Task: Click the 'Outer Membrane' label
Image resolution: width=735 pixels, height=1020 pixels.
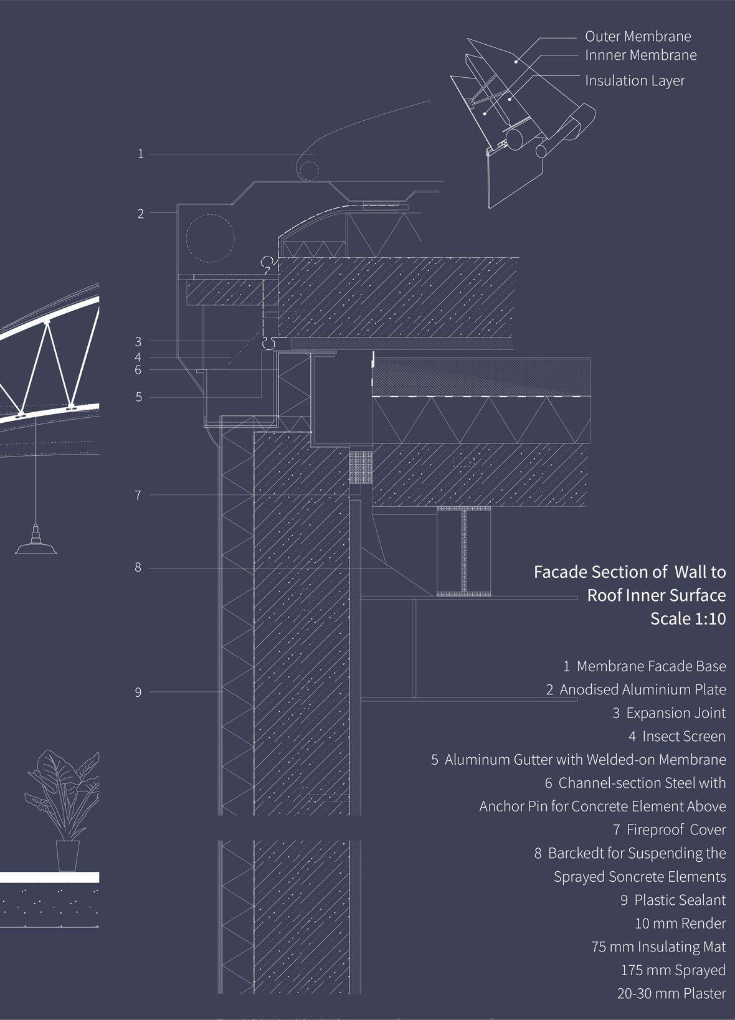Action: click(638, 37)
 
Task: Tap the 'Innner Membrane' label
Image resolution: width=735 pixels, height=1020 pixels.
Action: click(640, 55)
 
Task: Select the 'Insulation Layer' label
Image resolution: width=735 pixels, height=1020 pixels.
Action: click(635, 81)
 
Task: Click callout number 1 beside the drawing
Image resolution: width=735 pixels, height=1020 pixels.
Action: click(141, 154)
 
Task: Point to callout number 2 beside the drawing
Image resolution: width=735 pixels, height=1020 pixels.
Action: click(141, 214)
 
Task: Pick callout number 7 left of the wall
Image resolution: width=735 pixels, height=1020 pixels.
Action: click(138, 496)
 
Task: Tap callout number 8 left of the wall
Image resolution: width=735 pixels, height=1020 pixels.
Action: click(138, 568)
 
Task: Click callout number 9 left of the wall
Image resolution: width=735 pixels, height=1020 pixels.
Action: click(138, 692)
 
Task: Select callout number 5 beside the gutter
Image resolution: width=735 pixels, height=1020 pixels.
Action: click(139, 397)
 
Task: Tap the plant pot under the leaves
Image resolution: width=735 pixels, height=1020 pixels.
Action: click(68, 855)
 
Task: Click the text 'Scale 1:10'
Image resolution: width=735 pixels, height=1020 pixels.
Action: click(688, 619)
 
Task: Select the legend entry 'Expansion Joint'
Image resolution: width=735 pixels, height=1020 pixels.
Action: click(676, 713)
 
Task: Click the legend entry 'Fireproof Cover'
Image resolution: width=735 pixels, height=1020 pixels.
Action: click(676, 830)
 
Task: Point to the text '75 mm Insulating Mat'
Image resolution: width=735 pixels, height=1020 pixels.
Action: click(658, 947)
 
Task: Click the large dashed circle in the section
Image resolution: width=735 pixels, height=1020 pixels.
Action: click(210, 237)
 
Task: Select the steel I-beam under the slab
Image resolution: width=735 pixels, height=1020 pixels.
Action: click(463, 551)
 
